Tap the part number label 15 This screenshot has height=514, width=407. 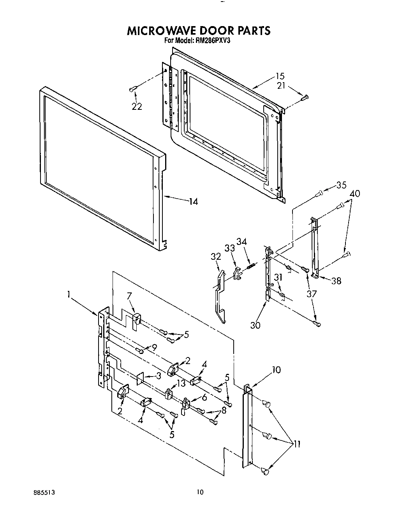click(280, 76)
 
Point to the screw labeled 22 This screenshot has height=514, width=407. click(132, 90)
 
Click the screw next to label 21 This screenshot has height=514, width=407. click(305, 98)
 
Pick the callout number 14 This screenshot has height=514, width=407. click(193, 201)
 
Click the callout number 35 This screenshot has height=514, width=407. click(341, 185)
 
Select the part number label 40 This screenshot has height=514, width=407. click(355, 194)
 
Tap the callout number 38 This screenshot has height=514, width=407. click(335, 280)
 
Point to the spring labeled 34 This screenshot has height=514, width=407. click(251, 266)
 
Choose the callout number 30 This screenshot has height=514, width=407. click(255, 324)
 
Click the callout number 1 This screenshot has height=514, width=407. click(69, 295)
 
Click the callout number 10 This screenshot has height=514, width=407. click(276, 370)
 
